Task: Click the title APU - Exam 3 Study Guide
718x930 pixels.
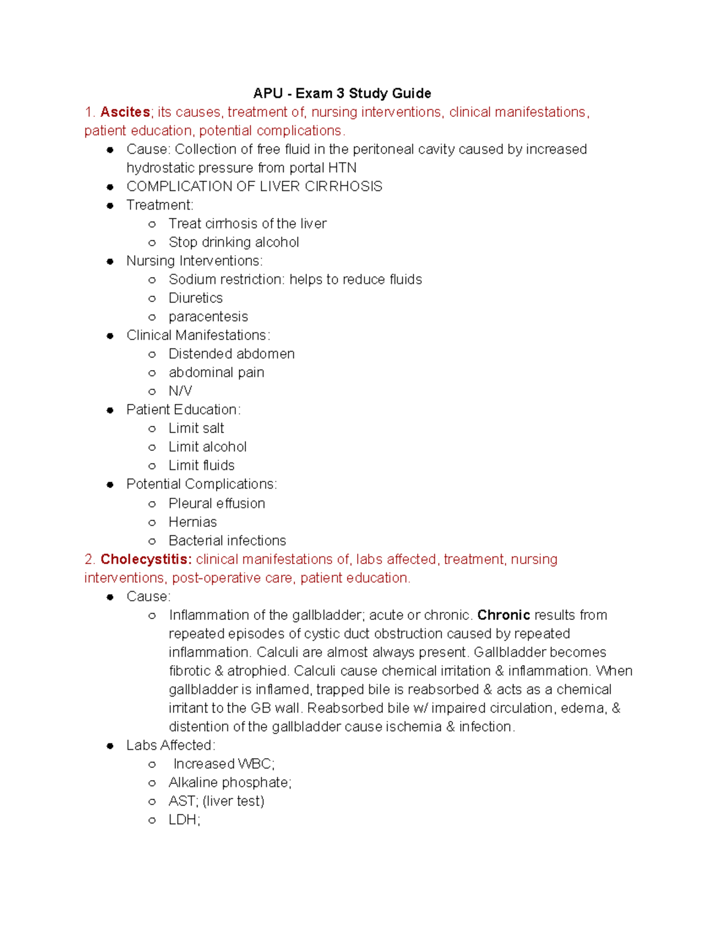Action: pyautogui.click(x=342, y=93)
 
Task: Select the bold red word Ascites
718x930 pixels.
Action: pyautogui.click(x=124, y=112)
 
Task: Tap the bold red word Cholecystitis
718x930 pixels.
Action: pyautogui.click(x=145, y=559)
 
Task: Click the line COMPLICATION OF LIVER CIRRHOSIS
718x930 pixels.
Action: pyautogui.click(x=254, y=186)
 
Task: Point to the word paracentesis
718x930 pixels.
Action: pyautogui.click(x=208, y=317)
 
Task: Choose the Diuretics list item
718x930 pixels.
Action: pyautogui.click(x=196, y=298)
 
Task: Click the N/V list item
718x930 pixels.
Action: pyautogui.click(x=180, y=391)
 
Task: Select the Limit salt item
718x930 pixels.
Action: pyautogui.click(x=196, y=428)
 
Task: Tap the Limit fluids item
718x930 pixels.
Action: pyautogui.click(x=202, y=465)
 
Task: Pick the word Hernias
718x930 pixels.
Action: pyautogui.click(x=193, y=522)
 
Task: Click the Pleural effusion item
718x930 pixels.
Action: pyautogui.click(x=217, y=504)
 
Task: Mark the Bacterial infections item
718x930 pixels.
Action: pyautogui.click(x=227, y=541)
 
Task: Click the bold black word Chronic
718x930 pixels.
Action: pyautogui.click(x=503, y=615)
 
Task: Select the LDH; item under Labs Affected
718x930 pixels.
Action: pyautogui.click(x=184, y=820)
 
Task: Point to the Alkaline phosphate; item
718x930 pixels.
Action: pyautogui.click(x=230, y=783)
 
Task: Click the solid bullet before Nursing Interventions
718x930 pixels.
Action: pyautogui.click(x=110, y=261)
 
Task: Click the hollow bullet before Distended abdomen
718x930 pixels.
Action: pyautogui.click(x=152, y=355)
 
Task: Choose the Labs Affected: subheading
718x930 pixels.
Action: pyautogui.click(x=171, y=746)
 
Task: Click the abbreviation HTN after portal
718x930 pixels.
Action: pyautogui.click(x=342, y=168)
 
